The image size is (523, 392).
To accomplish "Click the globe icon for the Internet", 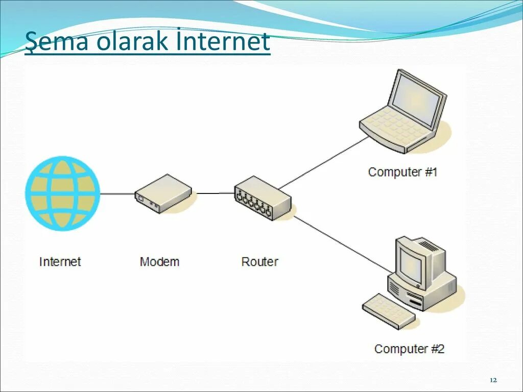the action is (x=63, y=193).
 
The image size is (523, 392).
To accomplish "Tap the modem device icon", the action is (x=163, y=193).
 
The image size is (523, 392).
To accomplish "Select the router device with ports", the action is (x=262, y=199).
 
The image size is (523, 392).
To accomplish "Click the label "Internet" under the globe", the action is (x=60, y=262).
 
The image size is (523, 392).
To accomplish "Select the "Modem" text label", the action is (x=159, y=262).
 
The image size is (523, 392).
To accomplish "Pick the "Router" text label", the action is (x=259, y=262).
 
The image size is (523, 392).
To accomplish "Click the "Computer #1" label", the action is (x=402, y=172).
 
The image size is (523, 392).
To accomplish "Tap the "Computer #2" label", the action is (x=409, y=349).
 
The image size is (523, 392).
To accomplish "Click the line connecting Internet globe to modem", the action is (x=117, y=194).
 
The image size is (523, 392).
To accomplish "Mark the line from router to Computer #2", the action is (x=340, y=243).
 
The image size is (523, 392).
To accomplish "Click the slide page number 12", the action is (x=493, y=381).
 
